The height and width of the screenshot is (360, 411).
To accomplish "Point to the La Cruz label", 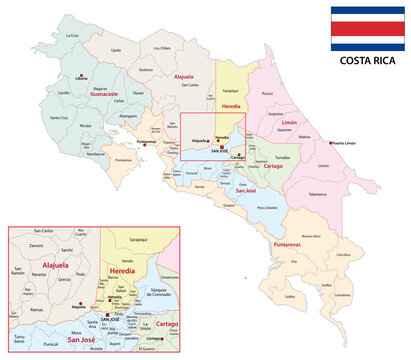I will pyautogui.click(x=71, y=35).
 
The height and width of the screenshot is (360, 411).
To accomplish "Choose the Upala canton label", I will pyautogui.click(x=116, y=48).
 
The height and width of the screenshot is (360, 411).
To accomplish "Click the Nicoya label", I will pyautogui.click(x=87, y=126).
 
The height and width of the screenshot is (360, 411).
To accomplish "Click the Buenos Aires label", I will pyautogui.click(x=310, y=236).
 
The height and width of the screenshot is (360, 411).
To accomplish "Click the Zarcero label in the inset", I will pyautogui.click(x=36, y=244).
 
